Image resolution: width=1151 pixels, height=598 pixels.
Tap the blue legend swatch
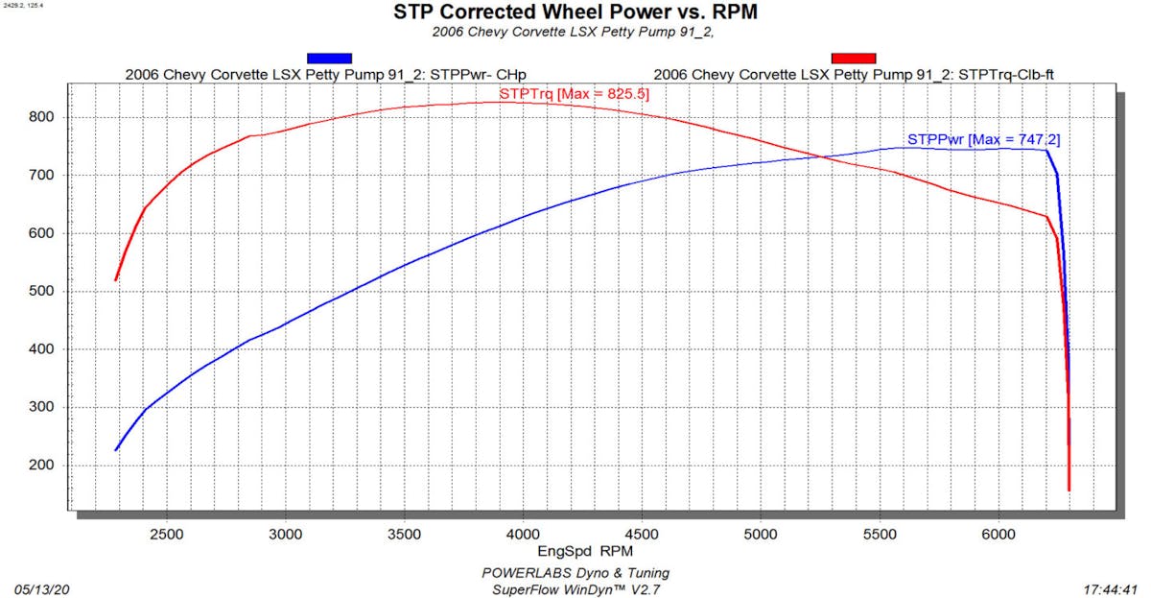pyautogui.click(x=329, y=58)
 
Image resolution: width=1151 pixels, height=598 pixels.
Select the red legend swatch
pyautogui.click(x=852, y=58)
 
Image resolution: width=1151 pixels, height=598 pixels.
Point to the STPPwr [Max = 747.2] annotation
pyautogui.click(x=983, y=139)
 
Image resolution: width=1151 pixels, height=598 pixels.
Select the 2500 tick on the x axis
pyautogui.click(x=167, y=533)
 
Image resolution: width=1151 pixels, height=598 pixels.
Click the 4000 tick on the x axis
pyautogui.click(x=523, y=533)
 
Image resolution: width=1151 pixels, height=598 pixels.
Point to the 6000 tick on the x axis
pyautogui.click(x=998, y=533)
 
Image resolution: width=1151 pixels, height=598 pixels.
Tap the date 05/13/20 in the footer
pyautogui.click(x=42, y=589)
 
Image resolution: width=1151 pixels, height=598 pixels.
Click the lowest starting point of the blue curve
pyautogui.click(x=116, y=450)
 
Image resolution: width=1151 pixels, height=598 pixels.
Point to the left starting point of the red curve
pyautogui.click(x=115, y=280)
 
